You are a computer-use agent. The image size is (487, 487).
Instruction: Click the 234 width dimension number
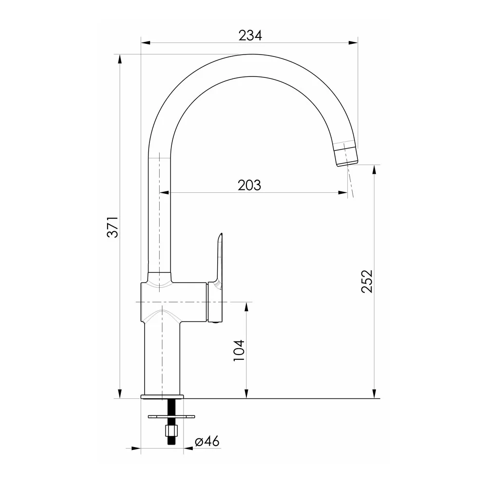pos(250,36)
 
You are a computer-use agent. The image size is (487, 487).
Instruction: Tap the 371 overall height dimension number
pos(113,227)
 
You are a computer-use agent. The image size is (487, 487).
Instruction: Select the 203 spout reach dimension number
pos(249,186)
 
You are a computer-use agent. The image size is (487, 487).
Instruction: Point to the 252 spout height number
pos(367,281)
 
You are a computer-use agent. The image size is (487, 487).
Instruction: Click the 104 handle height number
pos(239,350)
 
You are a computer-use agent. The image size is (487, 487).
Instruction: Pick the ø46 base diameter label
pos(207,441)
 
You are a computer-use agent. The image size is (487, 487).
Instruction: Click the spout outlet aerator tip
pos(346,155)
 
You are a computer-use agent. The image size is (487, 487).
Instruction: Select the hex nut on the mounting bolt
pos(170,431)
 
